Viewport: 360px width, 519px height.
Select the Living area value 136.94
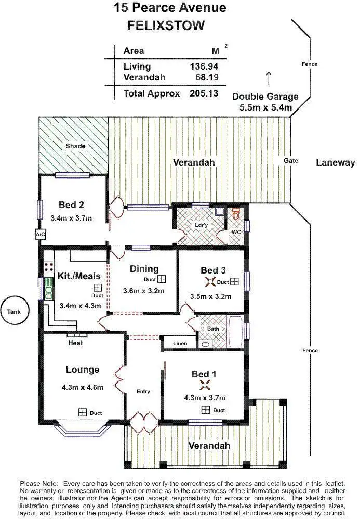204,66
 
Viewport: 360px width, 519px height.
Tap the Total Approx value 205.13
204,94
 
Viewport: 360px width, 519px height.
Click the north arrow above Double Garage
269,77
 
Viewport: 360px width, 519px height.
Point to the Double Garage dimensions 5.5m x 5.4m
265,108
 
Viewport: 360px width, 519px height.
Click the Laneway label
335,162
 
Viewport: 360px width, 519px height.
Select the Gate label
291,161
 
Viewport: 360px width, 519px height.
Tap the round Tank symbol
14,312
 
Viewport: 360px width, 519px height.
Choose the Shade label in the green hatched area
75,146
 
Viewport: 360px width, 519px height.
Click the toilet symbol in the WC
236,213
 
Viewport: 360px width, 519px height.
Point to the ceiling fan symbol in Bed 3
210,282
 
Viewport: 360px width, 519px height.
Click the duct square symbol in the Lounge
83,412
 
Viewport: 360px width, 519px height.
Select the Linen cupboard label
180,343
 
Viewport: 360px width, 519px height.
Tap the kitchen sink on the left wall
48,289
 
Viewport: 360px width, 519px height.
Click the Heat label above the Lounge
75,343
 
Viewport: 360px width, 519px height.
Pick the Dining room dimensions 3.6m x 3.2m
144,291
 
